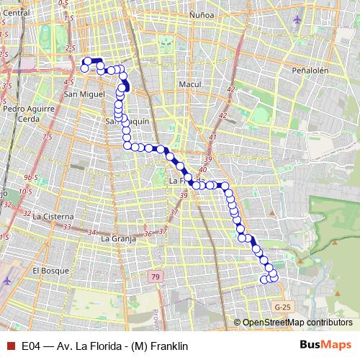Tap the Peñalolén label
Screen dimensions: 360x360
pyautogui.click(x=310, y=71)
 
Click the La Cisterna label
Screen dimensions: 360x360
pyautogui.click(x=53, y=216)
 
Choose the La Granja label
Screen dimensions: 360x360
pyautogui.click(x=119, y=238)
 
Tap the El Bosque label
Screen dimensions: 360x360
pyautogui.click(x=50, y=271)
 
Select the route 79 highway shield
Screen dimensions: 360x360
pyautogui.click(x=156, y=276)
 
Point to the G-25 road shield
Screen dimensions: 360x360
pyautogui.click(x=283, y=307)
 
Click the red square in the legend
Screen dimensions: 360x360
pyautogui.click(x=10, y=346)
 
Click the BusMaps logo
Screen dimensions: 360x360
pyautogui.click(x=326, y=345)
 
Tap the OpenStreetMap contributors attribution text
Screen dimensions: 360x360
pyautogui.click(x=296, y=323)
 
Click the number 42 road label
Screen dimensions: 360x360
pyautogui.click(x=230, y=89)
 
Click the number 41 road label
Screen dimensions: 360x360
pyautogui.click(x=212, y=136)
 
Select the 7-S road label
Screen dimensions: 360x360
pyautogui.click(x=48, y=136)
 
